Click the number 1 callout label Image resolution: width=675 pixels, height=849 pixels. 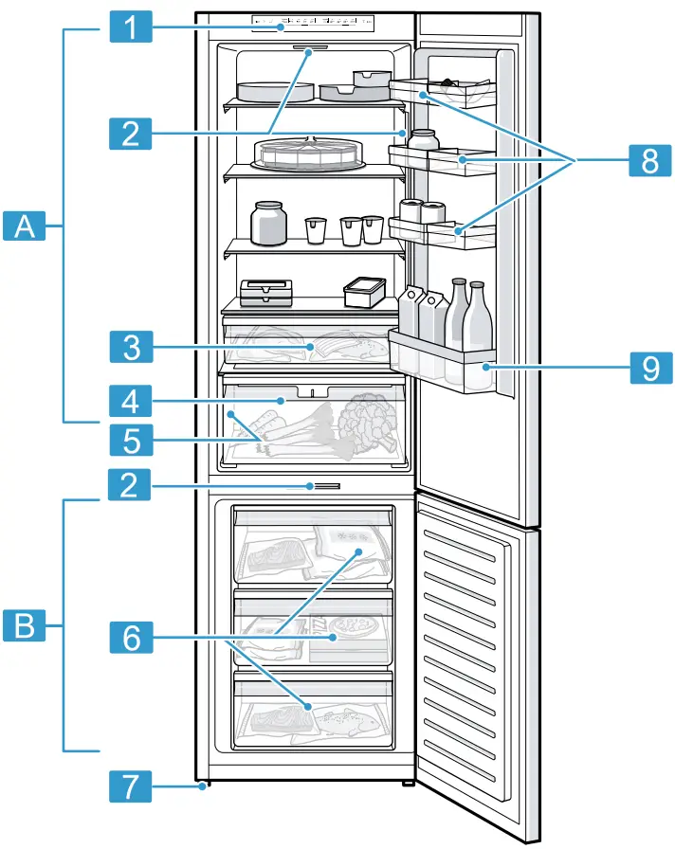(x=133, y=27)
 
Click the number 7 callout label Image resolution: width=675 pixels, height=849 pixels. (x=133, y=785)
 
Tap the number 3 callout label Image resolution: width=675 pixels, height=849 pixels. (x=133, y=347)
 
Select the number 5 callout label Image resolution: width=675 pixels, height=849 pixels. (x=133, y=441)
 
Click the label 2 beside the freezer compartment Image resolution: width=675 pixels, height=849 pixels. (x=133, y=486)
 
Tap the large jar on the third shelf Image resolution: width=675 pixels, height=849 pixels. (x=268, y=223)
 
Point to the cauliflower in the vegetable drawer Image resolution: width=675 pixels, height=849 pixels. (x=366, y=420)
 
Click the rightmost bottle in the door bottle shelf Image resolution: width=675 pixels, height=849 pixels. (x=479, y=317)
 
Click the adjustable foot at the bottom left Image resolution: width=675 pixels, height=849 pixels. (x=203, y=785)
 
